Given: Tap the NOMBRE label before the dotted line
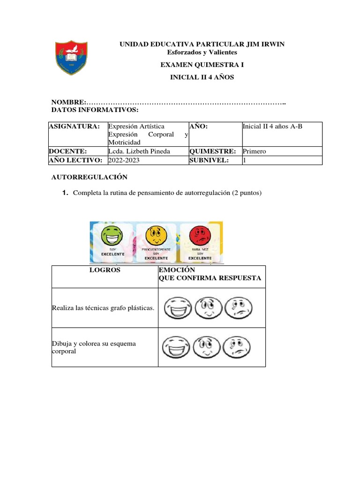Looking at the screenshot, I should (x=68, y=102).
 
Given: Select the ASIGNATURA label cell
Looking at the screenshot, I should (x=75, y=127).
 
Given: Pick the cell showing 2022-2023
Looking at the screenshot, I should (x=124, y=160).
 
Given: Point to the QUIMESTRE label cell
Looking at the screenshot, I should (x=212, y=151).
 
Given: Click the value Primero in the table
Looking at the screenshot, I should (x=255, y=151).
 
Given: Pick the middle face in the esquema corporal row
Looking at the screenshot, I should (x=207, y=347).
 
